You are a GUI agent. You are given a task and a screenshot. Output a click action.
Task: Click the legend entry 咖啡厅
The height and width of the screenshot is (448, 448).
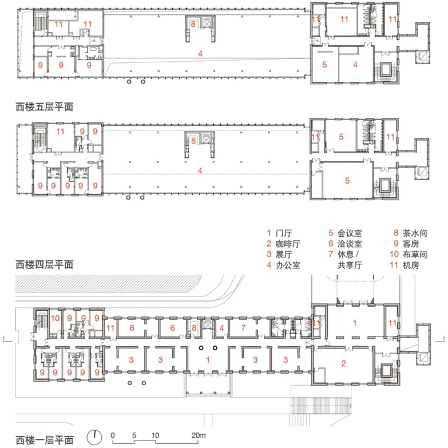pyautogui.click(x=286, y=244)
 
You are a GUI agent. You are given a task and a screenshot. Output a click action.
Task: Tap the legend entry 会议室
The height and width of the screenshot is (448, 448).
pyautogui.click(x=348, y=233)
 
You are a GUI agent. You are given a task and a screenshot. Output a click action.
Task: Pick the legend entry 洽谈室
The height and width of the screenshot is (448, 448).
pyautogui.click(x=348, y=244)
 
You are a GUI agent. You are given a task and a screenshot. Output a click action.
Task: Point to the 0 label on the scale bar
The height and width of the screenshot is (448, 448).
pyautogui.click(x=113, y=435)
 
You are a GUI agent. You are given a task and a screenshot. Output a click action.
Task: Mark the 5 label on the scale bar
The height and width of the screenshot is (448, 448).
pyautogui.click(x=133, y=435)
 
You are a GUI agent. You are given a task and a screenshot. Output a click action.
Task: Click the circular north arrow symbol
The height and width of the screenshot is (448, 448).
pyautogui.click(x=92, y=438)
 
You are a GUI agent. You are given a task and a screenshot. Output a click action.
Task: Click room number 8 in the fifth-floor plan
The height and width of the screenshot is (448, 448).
pyautogui.click(x=194, y=24)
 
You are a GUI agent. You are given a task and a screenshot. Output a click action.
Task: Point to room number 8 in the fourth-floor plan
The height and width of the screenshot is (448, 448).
pyautogui.click(x=194, y=140)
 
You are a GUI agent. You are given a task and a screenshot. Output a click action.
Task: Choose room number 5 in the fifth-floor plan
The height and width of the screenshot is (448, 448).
pyautogui.click(x=324, y=65)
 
